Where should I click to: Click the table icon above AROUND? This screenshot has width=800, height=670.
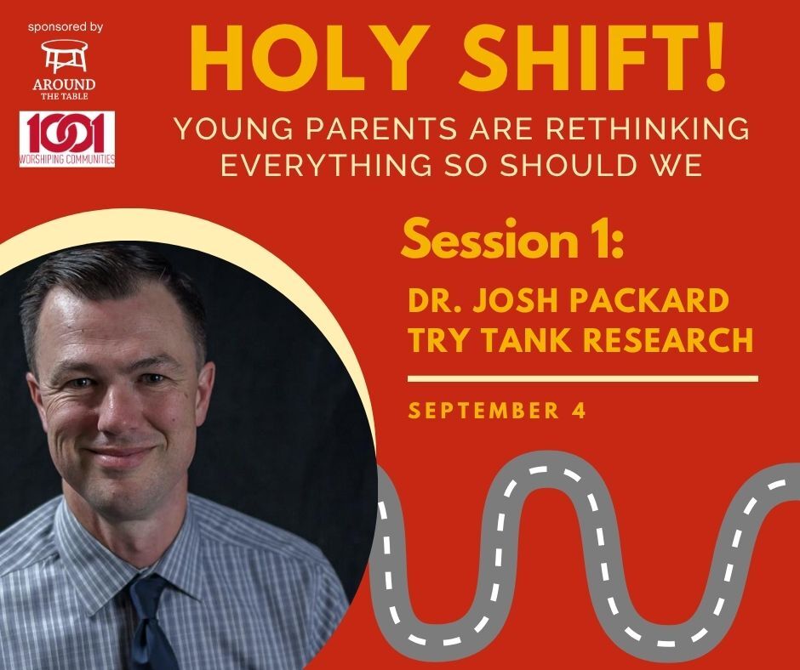pos(64,55)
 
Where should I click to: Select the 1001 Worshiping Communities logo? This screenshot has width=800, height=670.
pos(67,139)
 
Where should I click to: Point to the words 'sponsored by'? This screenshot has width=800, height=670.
pos(66,27)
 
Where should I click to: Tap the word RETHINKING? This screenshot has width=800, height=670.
pos(648,128)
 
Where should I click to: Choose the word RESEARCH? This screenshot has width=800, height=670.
pos(668,340)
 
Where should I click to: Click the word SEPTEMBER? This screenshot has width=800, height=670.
pos(484,411)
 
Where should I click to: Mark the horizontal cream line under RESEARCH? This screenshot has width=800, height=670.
pos(583,378)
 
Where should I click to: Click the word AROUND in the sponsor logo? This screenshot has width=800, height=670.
pos(64,83)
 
